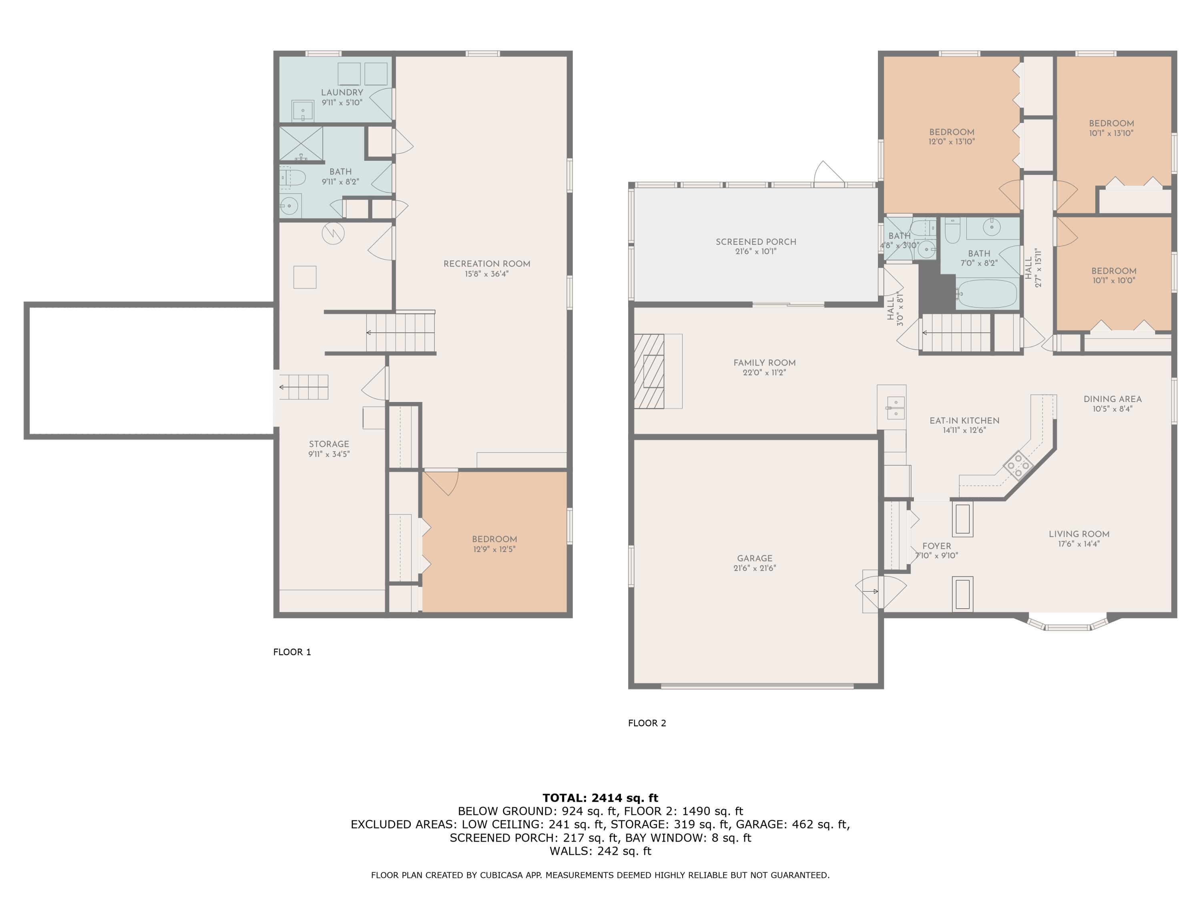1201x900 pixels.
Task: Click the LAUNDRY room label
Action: (x=342, y=93)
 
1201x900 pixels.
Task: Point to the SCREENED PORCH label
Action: (x=756, y=242)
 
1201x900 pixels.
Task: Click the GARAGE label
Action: (x=755, y=558)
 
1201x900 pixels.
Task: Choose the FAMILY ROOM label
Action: (x=765, y=363)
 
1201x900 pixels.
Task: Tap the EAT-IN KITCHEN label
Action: (x=964, y=420)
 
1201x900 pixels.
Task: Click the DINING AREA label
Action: (x=1113, y=399)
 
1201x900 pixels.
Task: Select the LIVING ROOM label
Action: (x=1079, y=534)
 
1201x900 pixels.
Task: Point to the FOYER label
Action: (x=937, y=546)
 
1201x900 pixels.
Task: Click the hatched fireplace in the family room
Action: (x=649, y=371)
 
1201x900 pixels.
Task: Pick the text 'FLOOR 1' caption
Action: (x=292, y=652)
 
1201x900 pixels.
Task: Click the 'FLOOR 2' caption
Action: (x=647, y=723)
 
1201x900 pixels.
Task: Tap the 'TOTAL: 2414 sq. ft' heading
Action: (x=600, y=798)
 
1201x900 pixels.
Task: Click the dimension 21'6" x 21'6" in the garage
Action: (x=755, y=568)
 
